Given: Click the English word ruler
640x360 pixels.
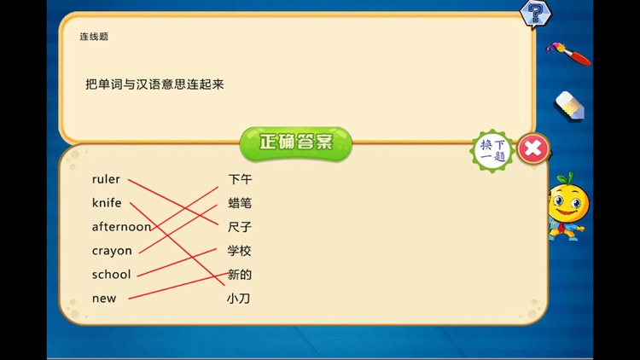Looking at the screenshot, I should pyautogui.click(x=106, y=180).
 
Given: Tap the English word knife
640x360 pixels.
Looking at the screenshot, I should pyautogui.click(x=107, y=203).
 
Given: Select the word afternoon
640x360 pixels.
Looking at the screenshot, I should pyautogui.click(x=121, y=227).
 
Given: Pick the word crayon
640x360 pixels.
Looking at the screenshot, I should pyautogui.click(x=112, y=251).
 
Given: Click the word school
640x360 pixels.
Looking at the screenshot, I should pyautogui.click(x=111, y=275).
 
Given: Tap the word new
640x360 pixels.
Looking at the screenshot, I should pyautogui.click(x=103, y=299).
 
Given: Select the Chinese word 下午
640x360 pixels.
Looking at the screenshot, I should pyautogui.click(x=240, y=180).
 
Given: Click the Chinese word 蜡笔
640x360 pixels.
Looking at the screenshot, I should pyautogui.click(x=240, y=203).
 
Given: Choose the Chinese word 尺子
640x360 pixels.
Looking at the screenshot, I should pyautogui.click(x=240, y=227).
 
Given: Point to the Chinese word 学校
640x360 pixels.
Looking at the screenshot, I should pyautogui.click(x=240, y=251).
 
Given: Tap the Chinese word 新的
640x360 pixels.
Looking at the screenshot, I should pyautogui.click(x=240, y=275).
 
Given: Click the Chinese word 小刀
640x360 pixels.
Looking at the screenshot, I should pyautogui.click(x=238, y=299).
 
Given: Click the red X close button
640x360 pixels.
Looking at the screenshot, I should pyautogui.click(x=533, y=149).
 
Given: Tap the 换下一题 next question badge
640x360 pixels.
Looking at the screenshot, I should pyautogui.click(x=493, y=150).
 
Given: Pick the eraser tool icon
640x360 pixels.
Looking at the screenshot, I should pyautogui.click(x=569, y=106).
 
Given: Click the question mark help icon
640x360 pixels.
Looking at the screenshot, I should pyautogui.click(x=535, y=13).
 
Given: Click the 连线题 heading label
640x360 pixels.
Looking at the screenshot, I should pyautogui.click(x=94, y=37).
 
